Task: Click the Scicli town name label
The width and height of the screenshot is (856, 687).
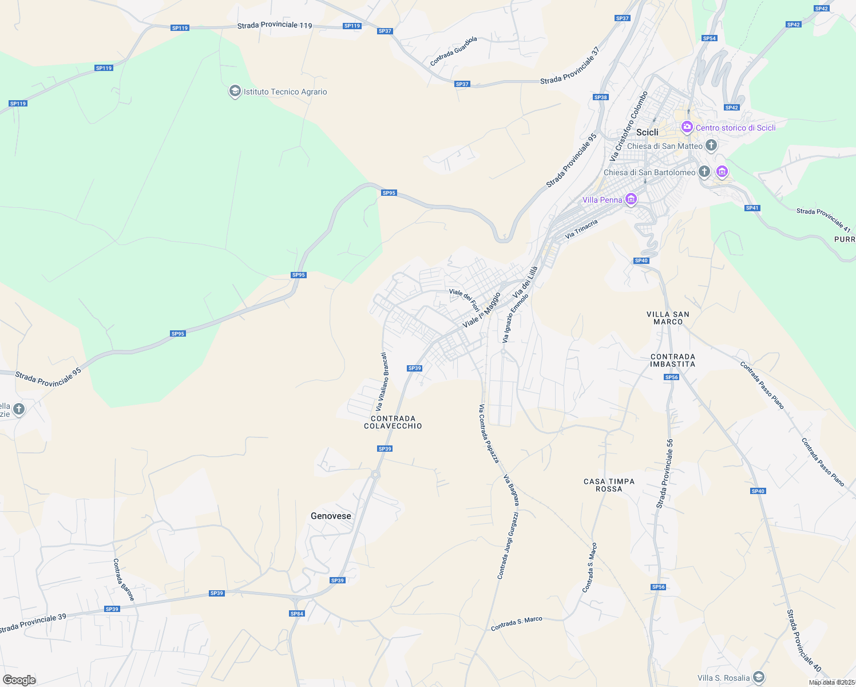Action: point(647,132)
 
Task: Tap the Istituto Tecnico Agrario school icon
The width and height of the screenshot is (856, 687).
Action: point(235,92)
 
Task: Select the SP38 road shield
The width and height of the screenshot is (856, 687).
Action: point(600,97)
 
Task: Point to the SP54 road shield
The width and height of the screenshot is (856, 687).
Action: point(709,38)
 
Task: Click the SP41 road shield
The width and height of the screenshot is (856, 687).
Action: point(752,208)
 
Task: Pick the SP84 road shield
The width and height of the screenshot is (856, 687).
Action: point(296,614)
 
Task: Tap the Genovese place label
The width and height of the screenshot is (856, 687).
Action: point(331,516)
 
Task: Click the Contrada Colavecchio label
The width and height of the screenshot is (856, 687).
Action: point(393,423)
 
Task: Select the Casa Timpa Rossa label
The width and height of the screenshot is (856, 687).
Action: point(609,485)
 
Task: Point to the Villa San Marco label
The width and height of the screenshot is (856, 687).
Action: point(668,318)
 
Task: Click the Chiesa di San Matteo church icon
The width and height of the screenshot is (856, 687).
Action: point(711,145)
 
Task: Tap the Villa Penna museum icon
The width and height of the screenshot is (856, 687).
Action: point(631,199)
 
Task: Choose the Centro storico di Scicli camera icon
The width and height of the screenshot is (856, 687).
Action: point(687,127)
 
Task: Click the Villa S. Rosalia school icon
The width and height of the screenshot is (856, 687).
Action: point(758,678)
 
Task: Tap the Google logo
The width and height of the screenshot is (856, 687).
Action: point(19,680)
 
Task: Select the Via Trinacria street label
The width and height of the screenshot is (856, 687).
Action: point(581,228)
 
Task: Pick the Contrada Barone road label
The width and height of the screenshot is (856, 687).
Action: point(124,579)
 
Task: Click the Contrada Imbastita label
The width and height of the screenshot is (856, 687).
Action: point(673,360)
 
